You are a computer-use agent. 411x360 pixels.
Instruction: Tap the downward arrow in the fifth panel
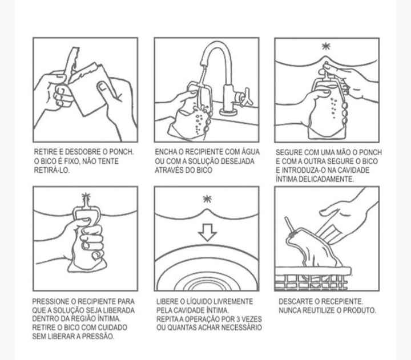[x=207, y=232]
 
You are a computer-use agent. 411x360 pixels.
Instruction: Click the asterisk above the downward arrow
[x=207, y=199]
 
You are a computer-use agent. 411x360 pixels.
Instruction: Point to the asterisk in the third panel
[x=326, y=46]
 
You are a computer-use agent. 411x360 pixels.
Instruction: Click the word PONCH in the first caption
[x=122, y=152]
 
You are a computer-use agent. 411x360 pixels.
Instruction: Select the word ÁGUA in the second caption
[x=250, y=152]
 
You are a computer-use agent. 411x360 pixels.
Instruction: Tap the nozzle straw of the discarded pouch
[x=289, y=224]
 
